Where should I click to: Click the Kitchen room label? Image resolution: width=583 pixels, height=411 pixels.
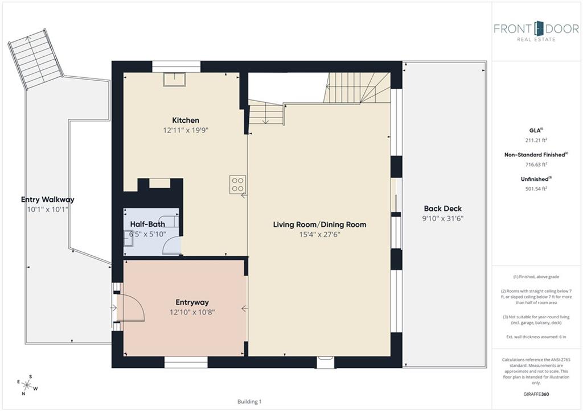point(186,121)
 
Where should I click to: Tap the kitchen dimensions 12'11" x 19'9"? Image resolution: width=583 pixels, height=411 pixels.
point(186,130)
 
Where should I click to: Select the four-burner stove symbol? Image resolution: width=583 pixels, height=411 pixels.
point(237,185)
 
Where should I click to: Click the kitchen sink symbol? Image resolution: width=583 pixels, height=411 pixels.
point(174,80)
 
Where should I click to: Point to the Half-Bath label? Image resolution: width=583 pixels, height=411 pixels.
point(147,224)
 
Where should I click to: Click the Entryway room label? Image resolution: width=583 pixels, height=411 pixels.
point(192,302)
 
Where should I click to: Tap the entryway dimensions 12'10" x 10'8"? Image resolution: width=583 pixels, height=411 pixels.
point(192,312)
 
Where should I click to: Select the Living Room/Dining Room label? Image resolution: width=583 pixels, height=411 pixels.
point(320,224)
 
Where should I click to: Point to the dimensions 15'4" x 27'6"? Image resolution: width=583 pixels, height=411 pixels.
point(320,234)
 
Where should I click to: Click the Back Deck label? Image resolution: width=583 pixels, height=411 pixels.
point(443,209)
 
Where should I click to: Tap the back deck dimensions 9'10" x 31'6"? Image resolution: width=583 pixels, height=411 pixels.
point(443,219)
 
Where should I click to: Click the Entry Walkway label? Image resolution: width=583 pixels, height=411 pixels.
point(48,200)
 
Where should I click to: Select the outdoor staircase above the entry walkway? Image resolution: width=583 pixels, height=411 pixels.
point(35,59)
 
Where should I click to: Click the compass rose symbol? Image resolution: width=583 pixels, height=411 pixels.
point(27,385)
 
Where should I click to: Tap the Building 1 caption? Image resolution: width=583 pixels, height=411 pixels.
point(249,401)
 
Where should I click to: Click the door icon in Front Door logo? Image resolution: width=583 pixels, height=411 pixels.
point(539,28)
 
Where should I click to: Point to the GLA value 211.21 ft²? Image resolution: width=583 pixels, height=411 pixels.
point(536,140)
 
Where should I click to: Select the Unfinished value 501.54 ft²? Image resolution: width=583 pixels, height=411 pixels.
point(536,189)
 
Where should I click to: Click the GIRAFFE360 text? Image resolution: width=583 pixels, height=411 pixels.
point(536,394)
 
